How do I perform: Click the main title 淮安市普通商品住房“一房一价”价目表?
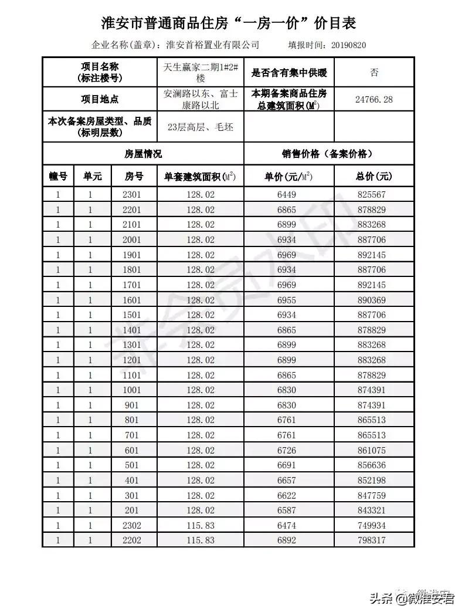229,22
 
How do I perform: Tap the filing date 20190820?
349,45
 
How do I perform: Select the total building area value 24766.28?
374,99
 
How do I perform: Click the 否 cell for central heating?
374,72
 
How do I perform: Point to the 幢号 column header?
58,176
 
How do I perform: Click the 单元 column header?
93,176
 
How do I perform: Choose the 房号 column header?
134,176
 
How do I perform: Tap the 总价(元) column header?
374,176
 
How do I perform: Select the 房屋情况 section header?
142,154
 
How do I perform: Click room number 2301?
133,195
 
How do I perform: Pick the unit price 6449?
287,195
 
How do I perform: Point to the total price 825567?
374,195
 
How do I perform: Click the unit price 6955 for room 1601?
287,300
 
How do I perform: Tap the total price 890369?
374,300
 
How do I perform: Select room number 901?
133,405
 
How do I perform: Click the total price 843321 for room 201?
374,511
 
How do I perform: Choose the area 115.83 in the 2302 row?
201,525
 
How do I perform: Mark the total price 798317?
374,540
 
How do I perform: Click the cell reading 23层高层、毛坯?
201,127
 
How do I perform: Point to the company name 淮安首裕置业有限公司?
213,45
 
